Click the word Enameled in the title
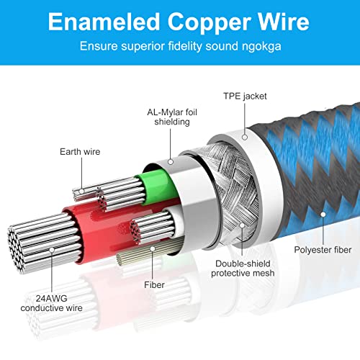[104, 22]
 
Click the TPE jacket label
[245, 96]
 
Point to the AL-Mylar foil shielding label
[172, 117]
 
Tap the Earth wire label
[80, 152]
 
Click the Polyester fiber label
[323, 250]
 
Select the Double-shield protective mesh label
[243, 269]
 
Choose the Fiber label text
[154, 285]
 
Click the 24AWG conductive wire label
[51, 303]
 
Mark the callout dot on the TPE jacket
[245, 138]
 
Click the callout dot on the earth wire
[81, 192]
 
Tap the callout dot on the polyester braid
[323, 215]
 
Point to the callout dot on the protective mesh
[242, 225]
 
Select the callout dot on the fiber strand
[153, 249]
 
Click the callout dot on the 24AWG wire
[52, 250]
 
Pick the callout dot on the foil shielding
[171, 162]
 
